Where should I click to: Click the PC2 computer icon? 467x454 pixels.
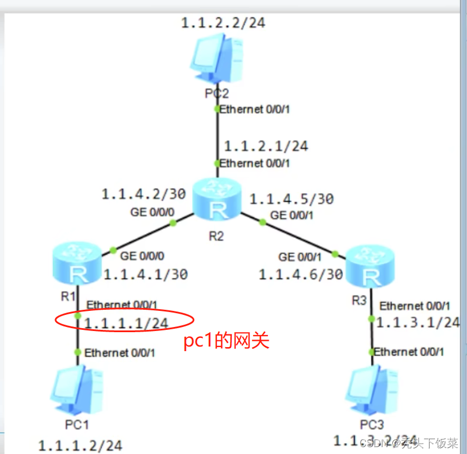pyautogui.click(x=216, y=57)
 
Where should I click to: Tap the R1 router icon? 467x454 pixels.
pyautogui.click(x=75, y=264)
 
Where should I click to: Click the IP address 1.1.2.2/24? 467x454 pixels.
pyautogui.click(x=223, y=23)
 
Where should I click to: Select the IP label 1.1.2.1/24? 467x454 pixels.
pyautogui.click(x=266, y=146)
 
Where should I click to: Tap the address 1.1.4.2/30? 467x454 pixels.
pyautogui.click(x=143, y=194)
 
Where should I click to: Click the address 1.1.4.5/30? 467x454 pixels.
pyautogui.click(x=291, y=199)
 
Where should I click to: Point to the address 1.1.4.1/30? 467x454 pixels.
pyautogui.click(x=146, y=275)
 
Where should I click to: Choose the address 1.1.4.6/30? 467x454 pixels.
pyautogui.click(x=300, y=275)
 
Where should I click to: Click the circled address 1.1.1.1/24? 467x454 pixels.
pyautogui.click(x=126, y=324)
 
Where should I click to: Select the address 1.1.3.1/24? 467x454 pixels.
pyautogui.click(x=418, y=322)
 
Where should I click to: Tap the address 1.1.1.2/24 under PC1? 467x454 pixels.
pyautogui.click(x=80, y=445)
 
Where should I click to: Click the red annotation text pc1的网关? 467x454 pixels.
pyautogui.click(x=226, y=341)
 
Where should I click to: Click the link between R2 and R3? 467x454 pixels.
pyautogui.click(x=288, y=234)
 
